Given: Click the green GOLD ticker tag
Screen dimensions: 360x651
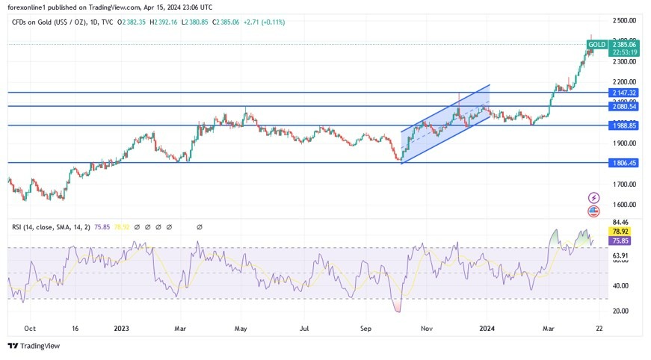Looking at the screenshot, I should [596, 45].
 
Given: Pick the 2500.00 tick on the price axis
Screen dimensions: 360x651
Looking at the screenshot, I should [624, 20].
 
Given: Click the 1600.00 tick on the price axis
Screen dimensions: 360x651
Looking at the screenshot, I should [624, 204].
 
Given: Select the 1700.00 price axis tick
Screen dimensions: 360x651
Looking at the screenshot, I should [624, 184].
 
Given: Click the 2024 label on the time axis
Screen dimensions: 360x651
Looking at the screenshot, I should [487, 328].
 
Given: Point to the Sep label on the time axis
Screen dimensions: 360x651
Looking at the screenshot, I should [365, 328].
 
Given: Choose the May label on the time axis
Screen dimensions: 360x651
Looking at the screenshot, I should [241, 328].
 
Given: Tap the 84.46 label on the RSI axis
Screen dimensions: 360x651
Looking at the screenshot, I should [620, 222].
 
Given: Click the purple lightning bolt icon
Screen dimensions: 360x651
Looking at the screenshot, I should [594, 198].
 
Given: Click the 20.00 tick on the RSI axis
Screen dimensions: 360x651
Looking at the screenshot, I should [620, 311].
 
